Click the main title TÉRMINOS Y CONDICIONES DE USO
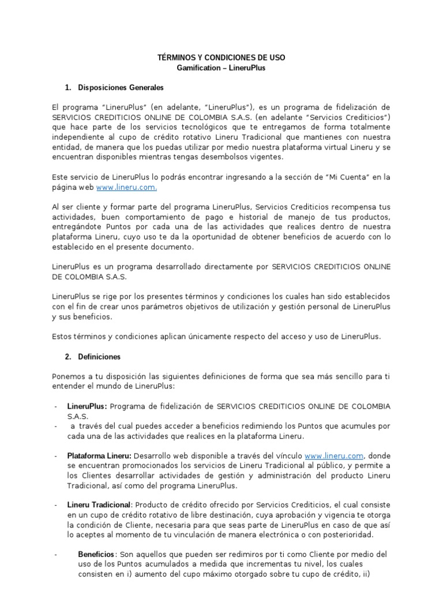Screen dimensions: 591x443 coord(221,58)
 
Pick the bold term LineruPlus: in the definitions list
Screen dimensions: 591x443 coord(87,406)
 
